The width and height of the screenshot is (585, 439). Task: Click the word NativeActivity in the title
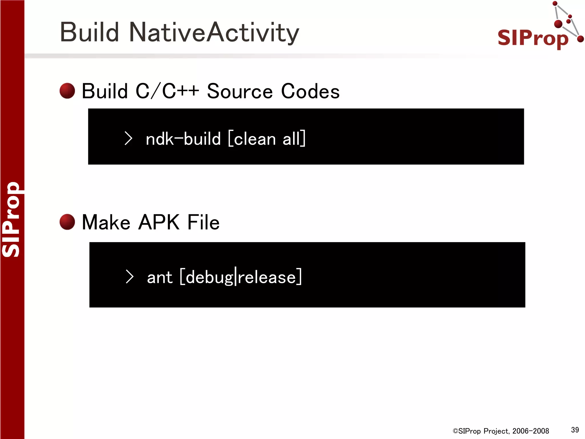coord(214,32)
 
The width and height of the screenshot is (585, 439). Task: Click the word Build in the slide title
coord(89,32)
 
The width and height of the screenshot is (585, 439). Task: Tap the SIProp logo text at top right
coord(533,38)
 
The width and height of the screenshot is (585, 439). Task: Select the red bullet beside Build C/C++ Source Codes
coord(67,91)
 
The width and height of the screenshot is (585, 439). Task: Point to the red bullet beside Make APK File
coord(67,222)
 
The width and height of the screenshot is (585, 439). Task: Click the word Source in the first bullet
coord(240,91)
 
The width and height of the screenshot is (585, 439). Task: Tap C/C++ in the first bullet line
coord(167,91)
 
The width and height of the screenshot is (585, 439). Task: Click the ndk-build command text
coord(183,139)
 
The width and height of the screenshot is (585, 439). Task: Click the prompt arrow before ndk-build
coord(129,138)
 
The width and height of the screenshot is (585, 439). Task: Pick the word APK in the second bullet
coord(159,222)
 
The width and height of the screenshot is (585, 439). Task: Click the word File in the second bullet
coord(203,222)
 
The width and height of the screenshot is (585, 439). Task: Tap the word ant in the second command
coord(159,277)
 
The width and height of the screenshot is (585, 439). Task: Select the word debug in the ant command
coord(209,277)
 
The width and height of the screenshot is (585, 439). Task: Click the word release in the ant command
coord(267,277)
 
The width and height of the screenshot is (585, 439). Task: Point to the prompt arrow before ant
coord(130,277)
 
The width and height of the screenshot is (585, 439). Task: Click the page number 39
coord(575,430)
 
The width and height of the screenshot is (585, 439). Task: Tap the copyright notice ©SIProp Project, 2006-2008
coord(501,431)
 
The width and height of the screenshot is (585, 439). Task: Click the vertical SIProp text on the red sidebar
coord(11,219)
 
